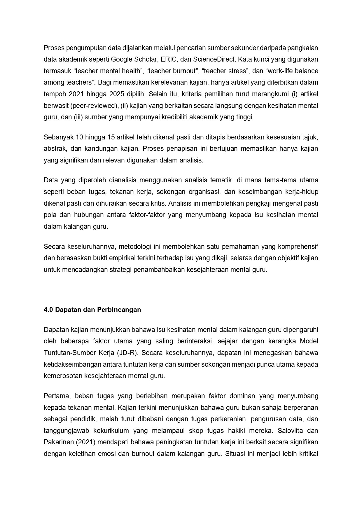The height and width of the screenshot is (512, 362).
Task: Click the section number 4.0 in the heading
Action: [x=48, y=310]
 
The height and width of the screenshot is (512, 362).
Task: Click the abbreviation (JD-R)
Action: [x=127, y=353]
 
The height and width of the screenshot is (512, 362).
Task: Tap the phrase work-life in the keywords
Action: [x=282, y=71]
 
